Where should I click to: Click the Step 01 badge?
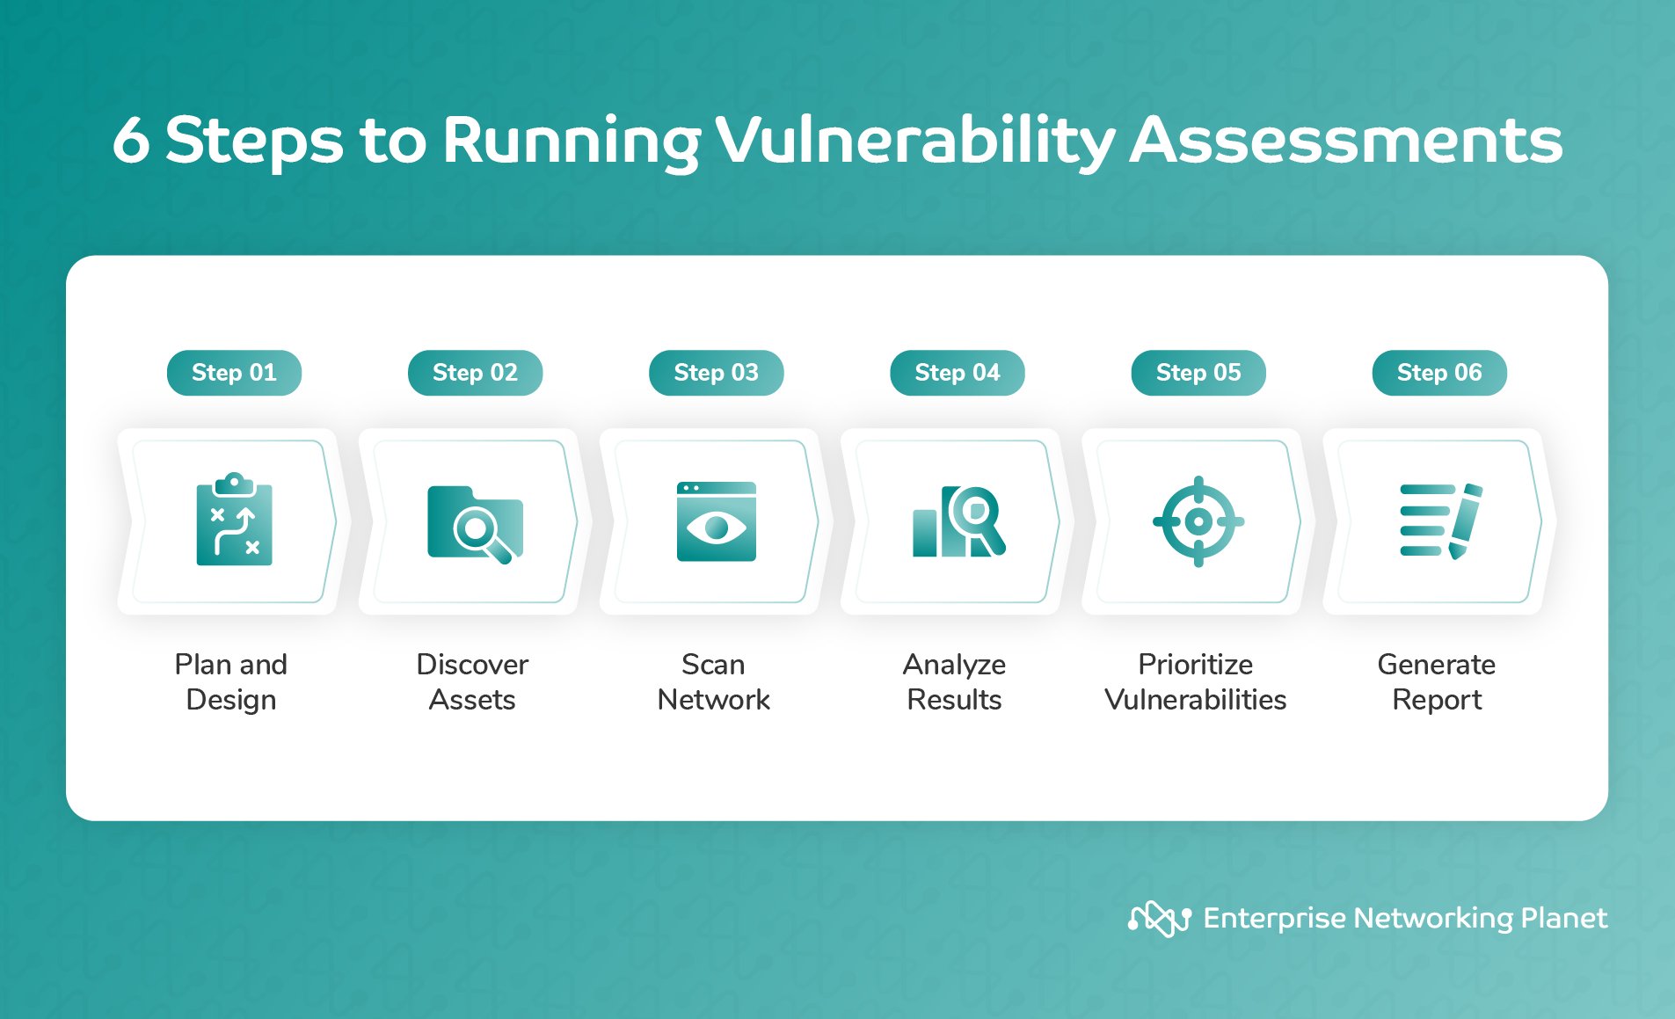tap(234, 373)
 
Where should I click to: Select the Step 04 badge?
tap(957, 373)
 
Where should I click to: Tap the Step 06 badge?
tap(1438, 373)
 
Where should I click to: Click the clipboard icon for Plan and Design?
tap(234, 520)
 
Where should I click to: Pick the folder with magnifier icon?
tap(475, 522)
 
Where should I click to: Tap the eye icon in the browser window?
tap(716, 528)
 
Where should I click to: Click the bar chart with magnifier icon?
tap(958, 521)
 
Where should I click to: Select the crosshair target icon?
tap(1198, 521)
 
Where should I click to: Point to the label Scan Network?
tap(713, 681)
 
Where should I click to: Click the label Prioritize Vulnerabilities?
tap(1195, 681)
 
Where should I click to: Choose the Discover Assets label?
tap(472, 681)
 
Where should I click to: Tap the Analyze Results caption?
tap(954, 681)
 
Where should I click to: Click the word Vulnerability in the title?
tap(914, 141)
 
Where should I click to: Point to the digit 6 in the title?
tap(131, 141)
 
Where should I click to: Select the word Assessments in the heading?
tap(1345, 141)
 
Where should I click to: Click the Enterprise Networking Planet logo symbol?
tap(1159, 919)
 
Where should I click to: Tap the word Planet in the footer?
tap(1563, 918)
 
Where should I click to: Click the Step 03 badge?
tap(716, 373)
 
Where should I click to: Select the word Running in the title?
tap(572, 141)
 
